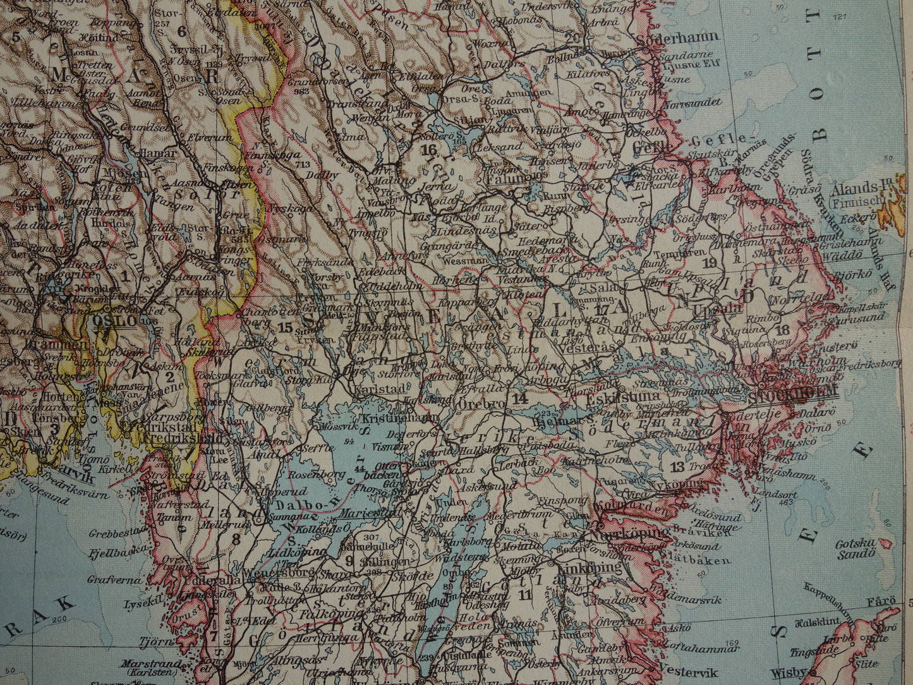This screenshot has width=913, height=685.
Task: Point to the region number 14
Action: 520,399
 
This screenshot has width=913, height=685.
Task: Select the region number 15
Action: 285,327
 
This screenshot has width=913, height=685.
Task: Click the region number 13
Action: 677,468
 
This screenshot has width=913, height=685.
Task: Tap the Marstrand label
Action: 162,665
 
